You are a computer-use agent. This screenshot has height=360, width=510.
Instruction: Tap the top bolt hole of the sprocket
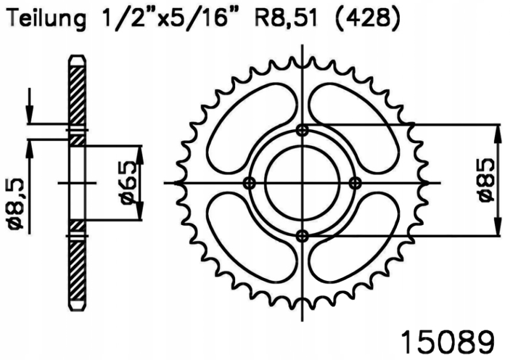[x=302, y=130]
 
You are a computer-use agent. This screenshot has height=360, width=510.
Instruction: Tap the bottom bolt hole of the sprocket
[x=302, y=236]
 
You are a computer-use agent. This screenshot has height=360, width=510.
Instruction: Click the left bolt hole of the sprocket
[x=249, y=183]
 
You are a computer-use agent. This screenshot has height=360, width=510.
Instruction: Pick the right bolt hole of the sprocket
[x=355, y=183]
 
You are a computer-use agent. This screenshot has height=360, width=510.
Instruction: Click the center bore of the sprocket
[x=302, y=183]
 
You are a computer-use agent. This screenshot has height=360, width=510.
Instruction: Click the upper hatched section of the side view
[x=77, y=94]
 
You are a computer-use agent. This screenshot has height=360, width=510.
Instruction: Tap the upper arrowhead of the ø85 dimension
[x=498, y=132]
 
